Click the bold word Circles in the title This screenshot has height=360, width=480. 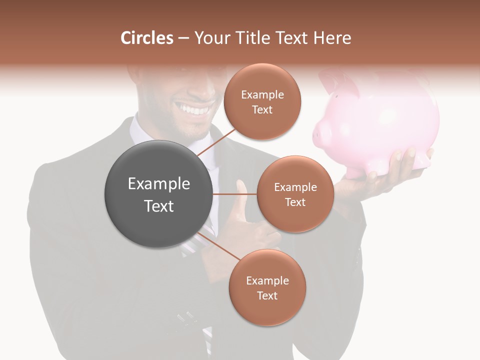(x=147, y=38)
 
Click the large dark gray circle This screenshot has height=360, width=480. (x=158, y=194)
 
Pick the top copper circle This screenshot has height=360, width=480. (x=262, y=102)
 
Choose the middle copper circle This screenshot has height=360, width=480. (x=295, y=194)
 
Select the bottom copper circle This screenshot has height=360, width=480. (x=267, y=288)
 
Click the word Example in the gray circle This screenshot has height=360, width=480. (x=158, y=184)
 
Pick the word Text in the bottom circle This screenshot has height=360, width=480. (x=267, y=295)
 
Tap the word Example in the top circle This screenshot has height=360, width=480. (x=262, y=94)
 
